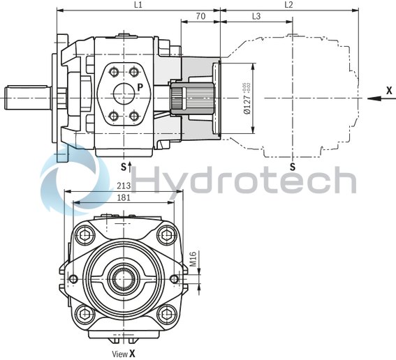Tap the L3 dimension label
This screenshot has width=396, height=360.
coord(256,15)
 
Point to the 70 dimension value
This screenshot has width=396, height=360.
coord(200,15)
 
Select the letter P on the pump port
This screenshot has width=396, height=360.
coord(140,87)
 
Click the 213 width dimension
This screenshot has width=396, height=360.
coord(124,186)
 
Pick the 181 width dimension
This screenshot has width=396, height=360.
coord(124,197)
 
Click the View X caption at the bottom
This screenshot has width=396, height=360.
coord(124,354)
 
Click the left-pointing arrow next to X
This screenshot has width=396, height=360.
coord(374,98)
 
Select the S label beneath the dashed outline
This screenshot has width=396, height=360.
coord(293,167)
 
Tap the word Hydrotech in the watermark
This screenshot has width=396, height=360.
coord(244,180)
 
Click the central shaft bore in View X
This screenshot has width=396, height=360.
coord(124,279)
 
